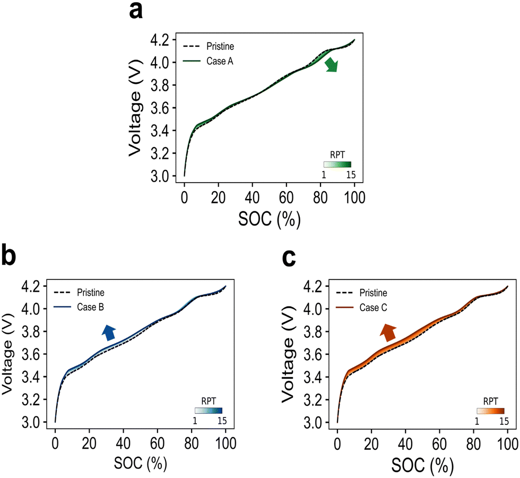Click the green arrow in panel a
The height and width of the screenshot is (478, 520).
click(x=331, y=65)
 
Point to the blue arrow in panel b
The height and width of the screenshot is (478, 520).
click(x=109, y=332)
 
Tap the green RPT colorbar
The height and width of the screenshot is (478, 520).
click(x=337, y=165)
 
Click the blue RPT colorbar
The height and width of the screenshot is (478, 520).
click(x=209, y=410)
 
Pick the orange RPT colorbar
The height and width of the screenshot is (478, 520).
click(x=490, y=410)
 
